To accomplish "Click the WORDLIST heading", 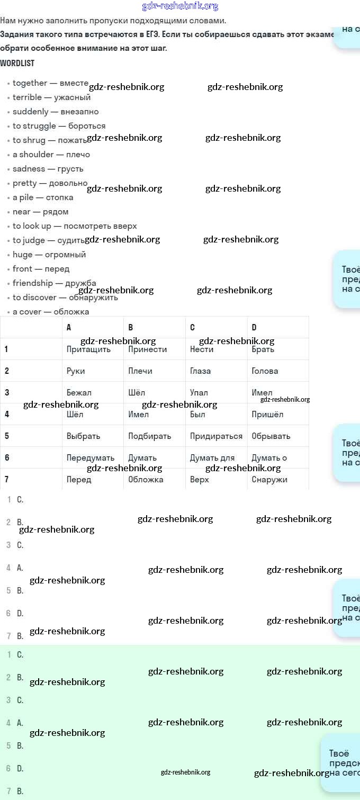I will click(17, 63).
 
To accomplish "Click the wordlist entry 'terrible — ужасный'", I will click(51, 97).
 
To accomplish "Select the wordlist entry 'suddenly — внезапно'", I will click(56, 112).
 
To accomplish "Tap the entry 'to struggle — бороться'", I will click(59, 126).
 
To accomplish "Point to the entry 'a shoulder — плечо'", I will click(51, 155).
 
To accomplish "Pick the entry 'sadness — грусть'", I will click(48, 169).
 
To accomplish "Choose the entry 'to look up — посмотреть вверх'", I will click(75, 226).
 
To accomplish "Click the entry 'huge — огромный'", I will click(49, 255).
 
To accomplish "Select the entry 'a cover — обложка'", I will click(51, 312).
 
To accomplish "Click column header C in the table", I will click(192, 327).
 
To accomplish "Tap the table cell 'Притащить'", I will click(88, 349).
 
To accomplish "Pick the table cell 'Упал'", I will click(199, 393).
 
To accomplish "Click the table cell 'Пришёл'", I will click(267, 415).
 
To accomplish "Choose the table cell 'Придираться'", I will click(216, 436).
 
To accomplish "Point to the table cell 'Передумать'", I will click(91, 458).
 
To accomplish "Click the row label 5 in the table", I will click(7, 436).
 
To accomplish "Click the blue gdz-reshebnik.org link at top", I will click(180, 6).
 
